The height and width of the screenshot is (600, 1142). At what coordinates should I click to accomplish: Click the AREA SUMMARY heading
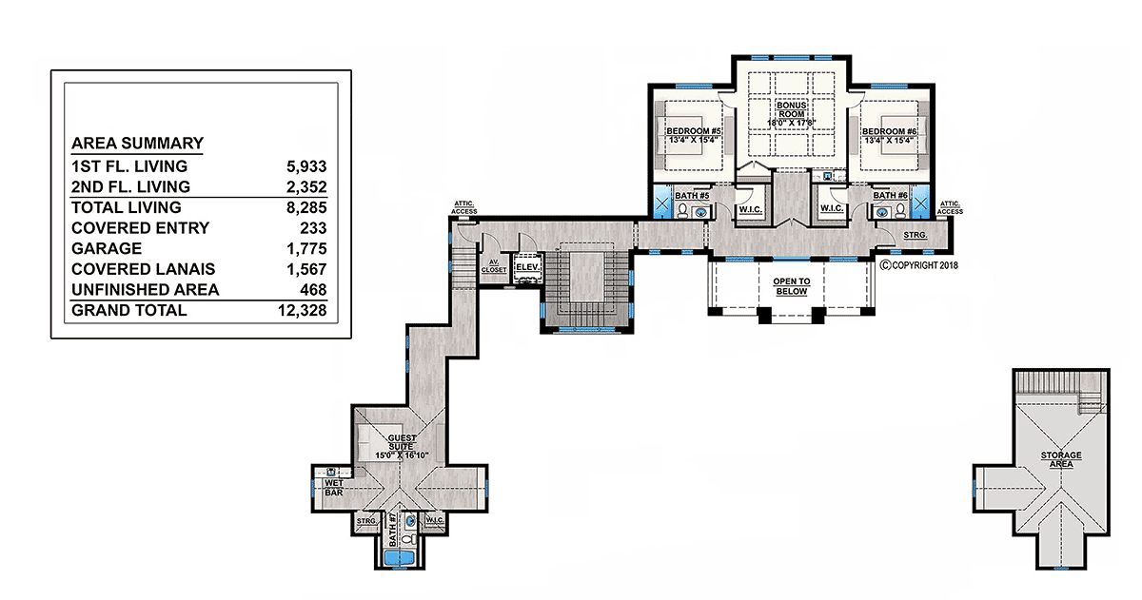pos(137,144)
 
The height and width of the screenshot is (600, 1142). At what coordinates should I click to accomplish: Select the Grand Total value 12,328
pos(303,310)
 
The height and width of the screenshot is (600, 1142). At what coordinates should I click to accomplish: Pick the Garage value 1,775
pos(306,248)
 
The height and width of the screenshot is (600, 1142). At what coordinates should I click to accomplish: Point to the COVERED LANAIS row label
pos(144,269)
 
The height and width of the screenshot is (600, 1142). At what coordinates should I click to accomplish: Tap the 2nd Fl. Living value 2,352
pos(306,187)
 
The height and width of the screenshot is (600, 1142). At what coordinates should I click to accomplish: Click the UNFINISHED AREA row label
pos(146,290)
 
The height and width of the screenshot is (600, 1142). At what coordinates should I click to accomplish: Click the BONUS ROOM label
pos(791,110)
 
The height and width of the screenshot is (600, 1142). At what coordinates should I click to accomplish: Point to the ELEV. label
pos(527,267)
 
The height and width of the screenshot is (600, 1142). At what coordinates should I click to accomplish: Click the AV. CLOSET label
pos(494,266)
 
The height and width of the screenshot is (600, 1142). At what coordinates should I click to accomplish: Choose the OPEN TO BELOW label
pos(791,286)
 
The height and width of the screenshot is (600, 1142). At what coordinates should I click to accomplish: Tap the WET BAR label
pos(334,488)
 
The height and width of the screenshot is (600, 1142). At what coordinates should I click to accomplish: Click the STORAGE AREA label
pos(1061,459)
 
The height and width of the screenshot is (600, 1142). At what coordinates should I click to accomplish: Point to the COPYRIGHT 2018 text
pos(919,265)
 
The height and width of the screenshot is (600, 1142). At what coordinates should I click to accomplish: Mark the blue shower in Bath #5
pos(661,203)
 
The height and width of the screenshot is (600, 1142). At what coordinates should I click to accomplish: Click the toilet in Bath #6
pos(900,210)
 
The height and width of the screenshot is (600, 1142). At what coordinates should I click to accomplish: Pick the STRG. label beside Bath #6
pos(916,235)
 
